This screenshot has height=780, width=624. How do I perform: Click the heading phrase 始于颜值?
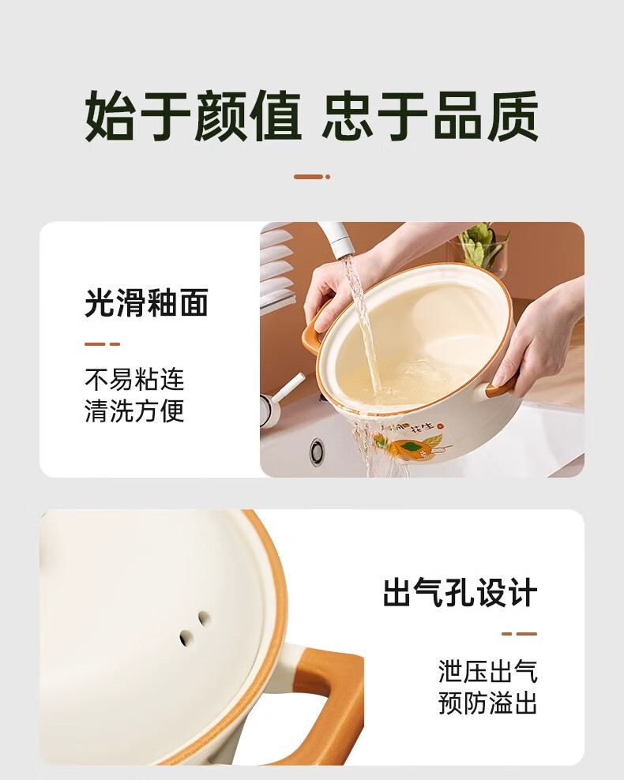(x=193, y=116)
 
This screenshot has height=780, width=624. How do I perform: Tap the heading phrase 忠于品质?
(x=430, y=116)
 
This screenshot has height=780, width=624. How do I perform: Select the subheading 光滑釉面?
(x=146, y=302)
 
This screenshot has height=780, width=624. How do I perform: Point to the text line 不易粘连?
(x=134, y=380)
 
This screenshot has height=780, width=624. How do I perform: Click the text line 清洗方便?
(x=134, y=411)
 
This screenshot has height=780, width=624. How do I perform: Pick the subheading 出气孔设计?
(x=460, y=592)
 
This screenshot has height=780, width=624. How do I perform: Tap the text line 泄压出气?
(x=488, y=671)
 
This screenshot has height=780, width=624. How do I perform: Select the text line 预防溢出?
(x=488, y=703)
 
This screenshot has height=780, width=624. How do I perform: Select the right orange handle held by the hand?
(x=499, y=388)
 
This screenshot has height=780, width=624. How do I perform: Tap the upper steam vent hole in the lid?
(x=204, y=618)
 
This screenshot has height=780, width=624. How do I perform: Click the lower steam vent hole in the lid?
(x=186, y=636)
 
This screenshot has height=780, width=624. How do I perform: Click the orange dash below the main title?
(x=312, y=177)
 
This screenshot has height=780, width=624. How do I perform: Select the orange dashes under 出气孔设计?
(x=520, y=634)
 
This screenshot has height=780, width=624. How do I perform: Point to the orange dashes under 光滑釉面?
(x=103, y=343)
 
